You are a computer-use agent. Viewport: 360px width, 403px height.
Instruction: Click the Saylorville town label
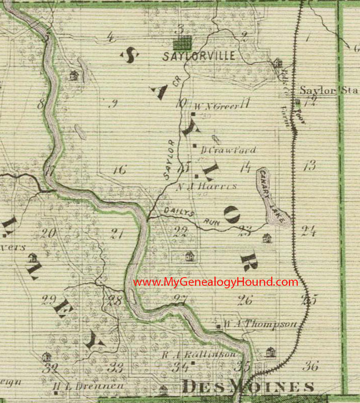199,56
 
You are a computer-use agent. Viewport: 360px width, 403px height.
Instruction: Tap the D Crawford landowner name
228,150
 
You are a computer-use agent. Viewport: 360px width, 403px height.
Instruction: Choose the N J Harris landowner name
207,186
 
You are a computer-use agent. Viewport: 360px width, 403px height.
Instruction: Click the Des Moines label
248,387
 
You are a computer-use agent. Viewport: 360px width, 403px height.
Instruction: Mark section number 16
119,170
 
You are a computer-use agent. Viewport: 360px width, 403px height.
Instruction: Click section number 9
113,104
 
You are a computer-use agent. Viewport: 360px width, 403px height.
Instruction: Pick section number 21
117,233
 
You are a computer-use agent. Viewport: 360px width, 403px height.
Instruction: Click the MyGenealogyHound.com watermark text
215,282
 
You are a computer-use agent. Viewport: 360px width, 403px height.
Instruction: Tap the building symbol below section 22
189,256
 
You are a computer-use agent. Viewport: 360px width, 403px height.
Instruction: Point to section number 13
310,165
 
